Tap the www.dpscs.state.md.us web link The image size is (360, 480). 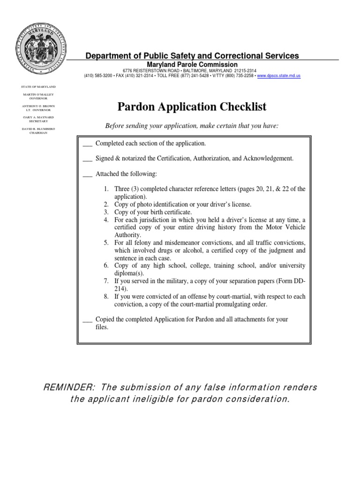point(278,75)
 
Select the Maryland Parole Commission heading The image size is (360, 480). point(192,65)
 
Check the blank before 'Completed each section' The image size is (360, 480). point(87,143)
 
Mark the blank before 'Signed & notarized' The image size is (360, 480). point(87,159)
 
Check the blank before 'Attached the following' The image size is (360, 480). point(87,174)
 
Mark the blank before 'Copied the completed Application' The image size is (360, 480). point(87,319)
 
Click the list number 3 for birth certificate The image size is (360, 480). point(106,212)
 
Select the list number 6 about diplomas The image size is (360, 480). point(106,266)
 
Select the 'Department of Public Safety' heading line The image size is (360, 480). point(192,56)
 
